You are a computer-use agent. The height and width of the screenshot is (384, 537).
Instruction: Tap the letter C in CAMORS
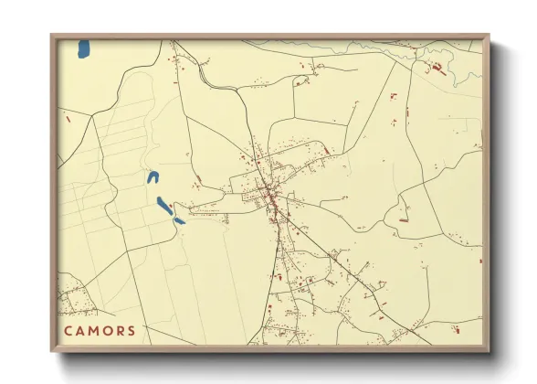point(68,330)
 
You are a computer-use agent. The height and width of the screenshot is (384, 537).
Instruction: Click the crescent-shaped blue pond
point(153,177)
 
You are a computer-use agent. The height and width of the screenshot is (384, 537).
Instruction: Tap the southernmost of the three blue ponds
point(179,220)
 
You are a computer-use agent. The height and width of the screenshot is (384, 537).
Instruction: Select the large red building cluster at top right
point(437,69)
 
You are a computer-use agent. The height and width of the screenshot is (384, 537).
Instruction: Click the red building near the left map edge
point(68,117)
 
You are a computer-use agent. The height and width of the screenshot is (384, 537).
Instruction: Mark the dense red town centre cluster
point(270,194)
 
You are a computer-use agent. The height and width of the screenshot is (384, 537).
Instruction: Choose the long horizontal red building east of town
point(403,219)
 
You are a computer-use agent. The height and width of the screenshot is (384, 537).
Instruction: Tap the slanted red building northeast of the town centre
point(325,151)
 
